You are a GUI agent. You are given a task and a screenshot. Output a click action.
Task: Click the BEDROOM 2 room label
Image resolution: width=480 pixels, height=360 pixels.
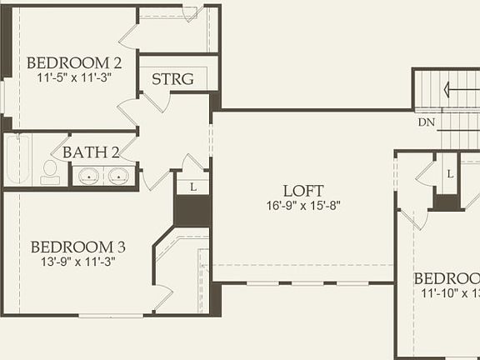pyautogui.click(x=75, y=62)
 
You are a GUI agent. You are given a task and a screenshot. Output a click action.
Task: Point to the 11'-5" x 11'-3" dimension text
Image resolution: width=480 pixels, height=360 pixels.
pyautogui.click(x=75, y=77)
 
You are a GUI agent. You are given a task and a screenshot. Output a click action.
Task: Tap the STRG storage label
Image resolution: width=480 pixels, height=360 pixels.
pyautogui.click(x=172, y=80)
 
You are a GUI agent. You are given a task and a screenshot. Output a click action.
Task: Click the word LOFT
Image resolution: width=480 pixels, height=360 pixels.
pyautogui.click(x=302, y=191)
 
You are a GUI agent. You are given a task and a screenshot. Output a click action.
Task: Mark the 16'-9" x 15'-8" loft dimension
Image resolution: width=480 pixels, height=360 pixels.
pyautogui.click(x=302, y=205)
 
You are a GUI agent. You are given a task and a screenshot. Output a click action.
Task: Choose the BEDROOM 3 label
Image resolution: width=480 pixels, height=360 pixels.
pyautogui.click(x=78, y=247)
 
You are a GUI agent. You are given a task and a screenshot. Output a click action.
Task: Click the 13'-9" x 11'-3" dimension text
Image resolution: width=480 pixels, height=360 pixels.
pyautogui.click(x=78, y=261)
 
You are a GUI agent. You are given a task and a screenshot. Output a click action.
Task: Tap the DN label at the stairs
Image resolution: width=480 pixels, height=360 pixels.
pyautogui.click(x=426, y=122)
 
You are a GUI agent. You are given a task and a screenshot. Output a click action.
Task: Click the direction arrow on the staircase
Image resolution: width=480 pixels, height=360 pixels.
pyautogui.click(x=457, y=88)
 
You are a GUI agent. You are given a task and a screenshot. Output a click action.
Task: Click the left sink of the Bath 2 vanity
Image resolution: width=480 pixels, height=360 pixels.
pyautogui.click(x=87, y=176)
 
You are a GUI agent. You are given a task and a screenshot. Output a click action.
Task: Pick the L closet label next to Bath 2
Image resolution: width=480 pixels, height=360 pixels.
pyautogui.click(x=192, y=187)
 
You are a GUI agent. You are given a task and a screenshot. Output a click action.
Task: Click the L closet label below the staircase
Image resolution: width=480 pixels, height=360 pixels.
pyautogui.click(x=449, y=174)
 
